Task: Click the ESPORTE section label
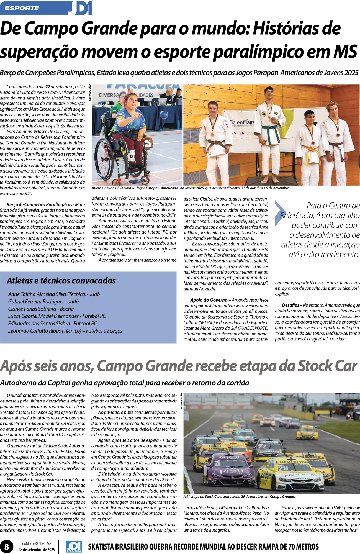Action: (x=22, y=8)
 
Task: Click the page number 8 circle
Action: (x=7, y=547)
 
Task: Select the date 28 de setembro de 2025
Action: (x=37, y=550)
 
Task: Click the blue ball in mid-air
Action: (x=164, y=114)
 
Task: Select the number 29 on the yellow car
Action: (x=283, y=468)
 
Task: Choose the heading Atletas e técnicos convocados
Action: (x=61, y=281)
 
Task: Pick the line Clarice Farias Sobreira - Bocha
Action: (x=41, y=309)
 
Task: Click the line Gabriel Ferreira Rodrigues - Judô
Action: (x=43, y=301)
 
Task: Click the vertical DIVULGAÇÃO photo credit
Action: (x=181, y=401)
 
